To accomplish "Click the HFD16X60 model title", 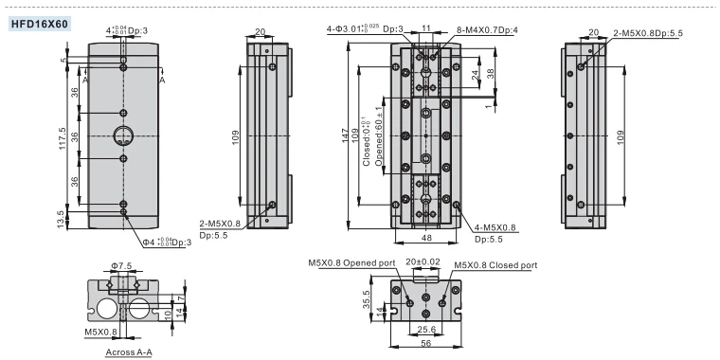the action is point(40,24).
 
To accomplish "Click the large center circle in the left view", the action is point(123,135).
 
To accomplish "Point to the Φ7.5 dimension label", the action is point(120,266).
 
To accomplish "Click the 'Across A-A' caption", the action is point(129,352).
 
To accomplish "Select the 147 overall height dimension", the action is point(346,135).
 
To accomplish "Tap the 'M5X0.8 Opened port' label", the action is point(351,263).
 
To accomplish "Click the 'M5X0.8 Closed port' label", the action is point(495,265).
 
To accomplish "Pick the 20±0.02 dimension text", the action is point(423,261).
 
